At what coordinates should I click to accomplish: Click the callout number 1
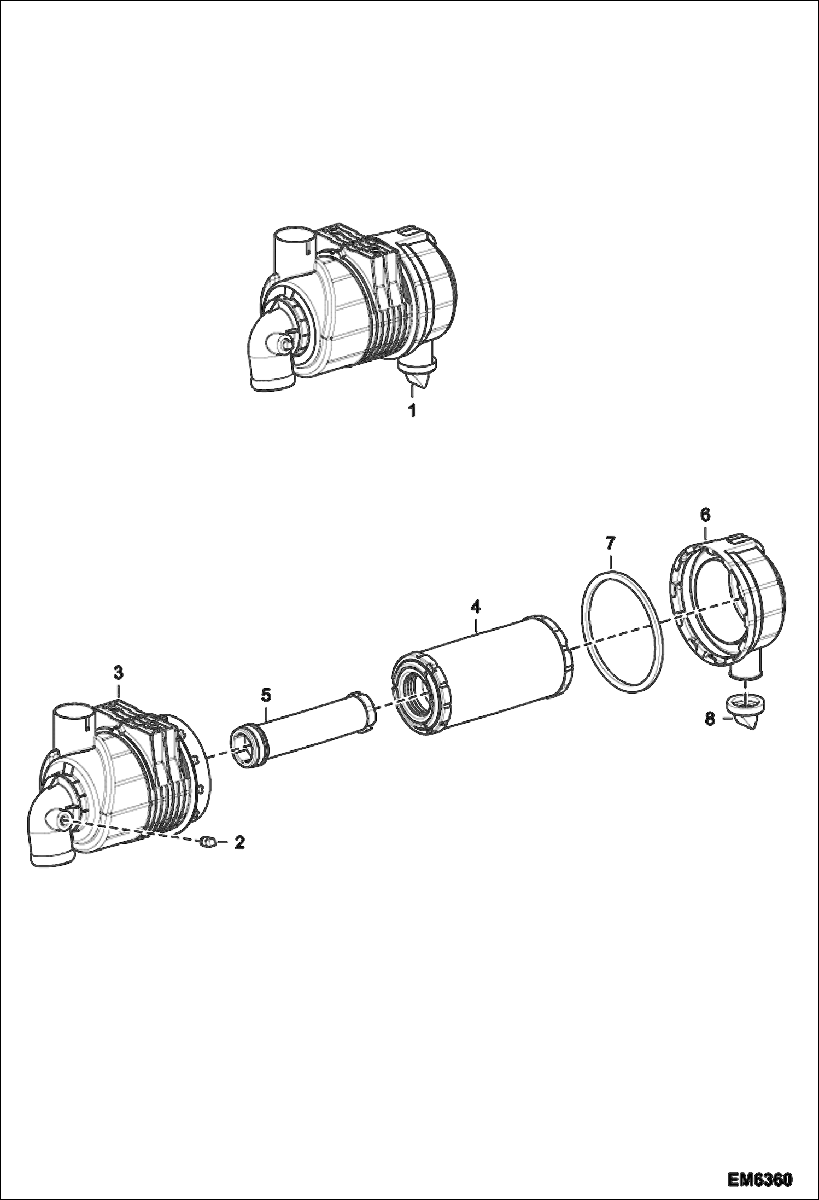(x=412, y=410)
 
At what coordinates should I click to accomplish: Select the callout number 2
(x=239, y=843)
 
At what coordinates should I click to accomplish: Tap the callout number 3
(x=119, y=672)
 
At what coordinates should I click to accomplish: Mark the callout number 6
(x=705, y=514)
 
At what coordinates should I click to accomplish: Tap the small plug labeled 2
(x=207, y=843)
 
